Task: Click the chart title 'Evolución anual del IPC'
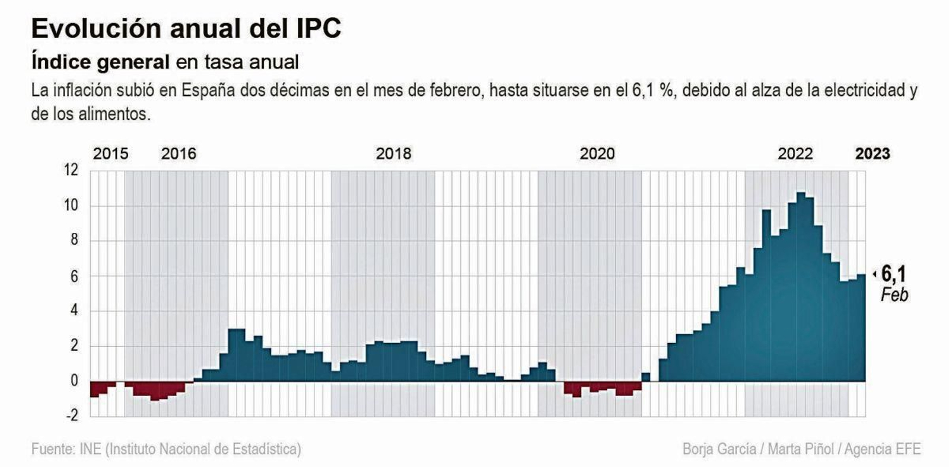coord(186,28)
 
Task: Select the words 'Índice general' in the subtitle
coord(100,62)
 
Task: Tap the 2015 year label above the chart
coord(110,153)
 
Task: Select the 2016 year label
coord(179,153)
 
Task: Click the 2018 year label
coord(393,153)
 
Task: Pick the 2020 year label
coord(597,153)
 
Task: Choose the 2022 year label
coord(795,153)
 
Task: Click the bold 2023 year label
coord(872,153)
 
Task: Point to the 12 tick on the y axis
coord(71,170)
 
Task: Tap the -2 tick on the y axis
coord(72,415)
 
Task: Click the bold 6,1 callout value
coord(893,274)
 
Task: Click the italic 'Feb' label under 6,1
coord(894,295)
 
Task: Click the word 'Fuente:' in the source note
coord(53,449)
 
